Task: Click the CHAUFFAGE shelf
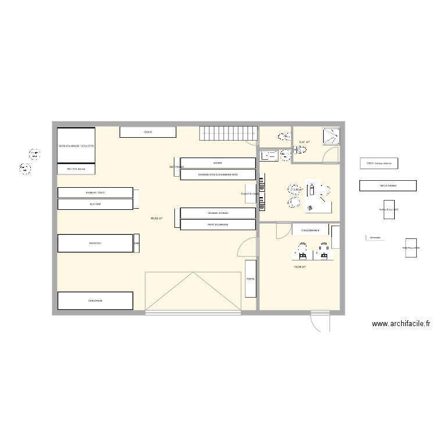[x=96, y=301]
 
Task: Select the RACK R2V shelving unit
[x=96, y=243]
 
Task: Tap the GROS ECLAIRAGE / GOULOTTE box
[x=76, y=145]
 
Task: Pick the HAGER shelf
[x=218, y=163]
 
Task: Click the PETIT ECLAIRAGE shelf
[x=218, y=224]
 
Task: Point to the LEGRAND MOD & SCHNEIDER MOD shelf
[x=218, y=174]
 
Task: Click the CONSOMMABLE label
[x=309, y=231]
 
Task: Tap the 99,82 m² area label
[x=156, y=219]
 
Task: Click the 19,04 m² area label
[x=300, y=267]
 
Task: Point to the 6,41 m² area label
[x=304, y=142]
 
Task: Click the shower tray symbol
[x=330, y=137]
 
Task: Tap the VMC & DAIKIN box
[x=388, y=186]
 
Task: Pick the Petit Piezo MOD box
[x=411, y=248]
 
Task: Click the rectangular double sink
[x=270, y=155]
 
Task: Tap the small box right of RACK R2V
[x=137, y=244]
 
